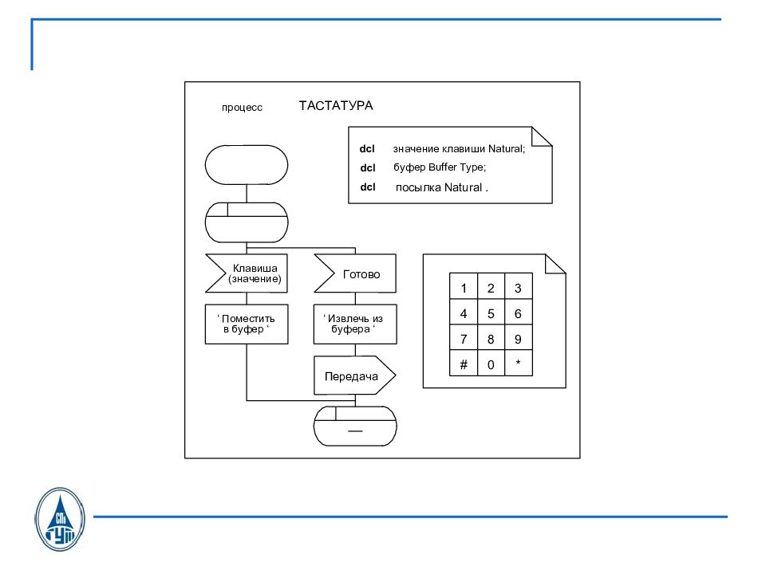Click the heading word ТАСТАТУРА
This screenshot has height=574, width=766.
pyautogui.click(x=335, y=105)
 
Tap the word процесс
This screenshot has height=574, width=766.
pyautogui.click(x=242, y=108)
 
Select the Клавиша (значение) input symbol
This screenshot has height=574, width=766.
pyautogui.click(x=247, y=273)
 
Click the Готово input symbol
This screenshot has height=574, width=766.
pyautogui.click(x=356, y=273)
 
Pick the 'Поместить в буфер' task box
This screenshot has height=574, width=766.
pyautogui.click(x=247, y=324)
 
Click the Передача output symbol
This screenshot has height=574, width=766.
pyautogui.click(x=353, y=376)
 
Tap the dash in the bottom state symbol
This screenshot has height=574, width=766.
pyautogui.click(x=354, y=431)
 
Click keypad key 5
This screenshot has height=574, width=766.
pyautogui.click(x=491, y=313)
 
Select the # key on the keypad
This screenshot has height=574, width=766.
pyautogui.click(x=464, y=364)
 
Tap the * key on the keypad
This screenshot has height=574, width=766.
pyautogui.click(x=518, y=364)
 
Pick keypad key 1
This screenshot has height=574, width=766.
pyautogui.click(x=464, y=288)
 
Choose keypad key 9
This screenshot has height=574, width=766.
pyautogui.click(x=518, y=339)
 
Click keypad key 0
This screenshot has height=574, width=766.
pyautogui.click(x=491, y=364)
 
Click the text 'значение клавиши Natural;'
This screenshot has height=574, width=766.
pyautogui.click(x=459, y=149)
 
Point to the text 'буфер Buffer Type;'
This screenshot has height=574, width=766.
pyautogui.click(x=439, y=167)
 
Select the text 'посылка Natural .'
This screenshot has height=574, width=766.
pyautogui.click(x=441, y=187)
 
